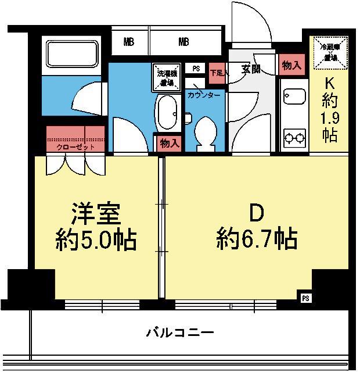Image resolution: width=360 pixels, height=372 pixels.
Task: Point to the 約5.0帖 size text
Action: click(96, 239)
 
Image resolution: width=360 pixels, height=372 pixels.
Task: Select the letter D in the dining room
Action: click(257, 214)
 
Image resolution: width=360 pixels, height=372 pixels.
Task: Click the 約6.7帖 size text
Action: click(257, 238)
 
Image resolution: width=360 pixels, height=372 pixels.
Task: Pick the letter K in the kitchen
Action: click(329, 84)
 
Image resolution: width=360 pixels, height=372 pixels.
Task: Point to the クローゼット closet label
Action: click(75, 148)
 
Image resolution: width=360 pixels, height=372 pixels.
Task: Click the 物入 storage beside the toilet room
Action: click(168, 143)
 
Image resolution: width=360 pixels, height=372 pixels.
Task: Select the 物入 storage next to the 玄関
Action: click(290, 65)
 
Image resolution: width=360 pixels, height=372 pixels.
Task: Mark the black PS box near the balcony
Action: click(305, 298)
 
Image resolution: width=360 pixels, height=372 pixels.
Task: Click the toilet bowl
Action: click(204, 133)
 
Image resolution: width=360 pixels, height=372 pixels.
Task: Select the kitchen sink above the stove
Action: click(294, 96)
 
